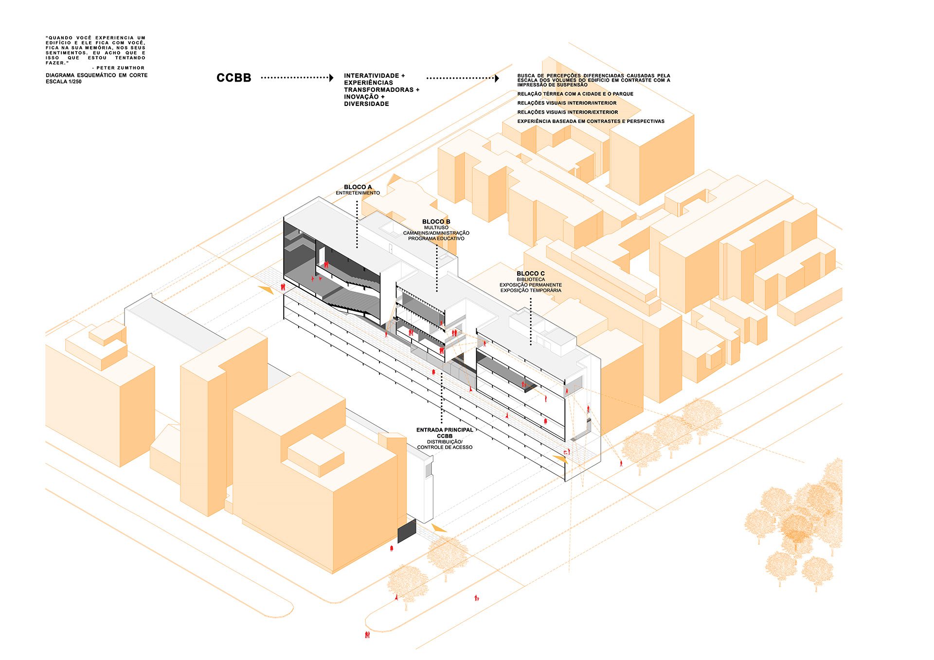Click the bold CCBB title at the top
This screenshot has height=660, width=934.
click(x=233, y=78)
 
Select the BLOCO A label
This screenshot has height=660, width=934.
click(x=358, y=187)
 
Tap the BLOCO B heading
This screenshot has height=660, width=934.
click(x=436, y=222)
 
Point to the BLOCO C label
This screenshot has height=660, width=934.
click(x=530, y=274)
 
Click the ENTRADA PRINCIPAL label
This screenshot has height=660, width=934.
click(x=445, y=430)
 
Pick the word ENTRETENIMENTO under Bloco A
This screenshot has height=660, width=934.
click(x=358, y=193)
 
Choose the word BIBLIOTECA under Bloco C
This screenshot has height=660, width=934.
click(x=531, y=279)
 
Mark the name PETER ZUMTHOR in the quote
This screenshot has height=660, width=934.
click(x=120, y=68)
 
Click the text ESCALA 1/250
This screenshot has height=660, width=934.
click(x=64, y=82)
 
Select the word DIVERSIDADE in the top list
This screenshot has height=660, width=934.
click(x=366, y=104)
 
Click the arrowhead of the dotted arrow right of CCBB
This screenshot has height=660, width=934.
click(x=331, y=78)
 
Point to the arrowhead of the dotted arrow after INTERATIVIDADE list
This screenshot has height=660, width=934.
click(x=497, y=78)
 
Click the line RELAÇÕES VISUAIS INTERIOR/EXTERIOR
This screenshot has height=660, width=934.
click(x=567, y=112)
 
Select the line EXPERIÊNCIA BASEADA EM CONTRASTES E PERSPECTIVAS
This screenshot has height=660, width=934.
click(x=591, y=122)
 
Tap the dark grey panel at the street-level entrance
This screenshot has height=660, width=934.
click(x=407, y=531)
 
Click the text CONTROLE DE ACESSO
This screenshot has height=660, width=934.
click(x=445, y=448)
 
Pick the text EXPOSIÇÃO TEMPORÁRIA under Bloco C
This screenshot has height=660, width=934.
click(x=531, y=291)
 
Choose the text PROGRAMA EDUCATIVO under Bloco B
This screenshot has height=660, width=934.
click(x=436, y=239)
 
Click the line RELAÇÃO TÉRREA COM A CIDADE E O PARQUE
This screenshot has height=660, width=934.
click(x=575, y=94)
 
